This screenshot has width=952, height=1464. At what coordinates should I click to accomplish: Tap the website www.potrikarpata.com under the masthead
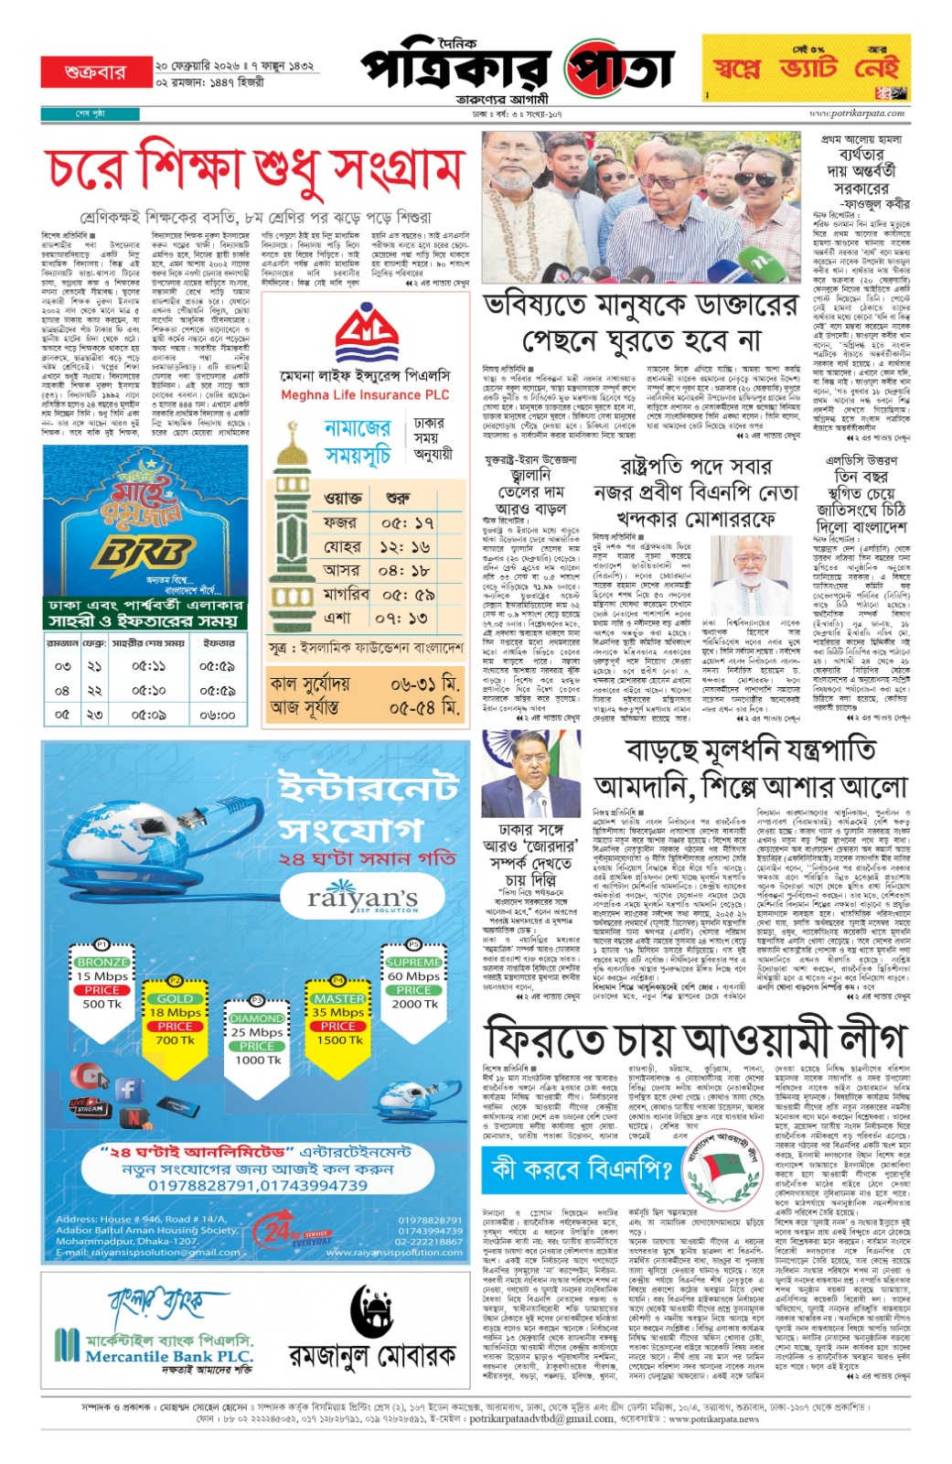tap(857, 113)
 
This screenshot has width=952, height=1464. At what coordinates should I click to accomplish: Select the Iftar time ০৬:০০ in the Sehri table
tap(218, 715)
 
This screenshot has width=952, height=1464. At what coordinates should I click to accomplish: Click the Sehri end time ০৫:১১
tap(148, 667)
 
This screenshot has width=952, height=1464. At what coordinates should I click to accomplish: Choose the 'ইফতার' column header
tap(219, 643)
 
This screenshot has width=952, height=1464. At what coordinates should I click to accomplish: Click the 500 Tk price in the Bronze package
tap(102, 1004)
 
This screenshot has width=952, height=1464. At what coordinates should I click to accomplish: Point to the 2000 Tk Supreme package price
tap(414, 1004)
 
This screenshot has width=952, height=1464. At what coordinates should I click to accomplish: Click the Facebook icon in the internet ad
tap(128, 1089)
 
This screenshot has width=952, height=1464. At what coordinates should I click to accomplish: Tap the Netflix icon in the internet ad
tap(135, 1116)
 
